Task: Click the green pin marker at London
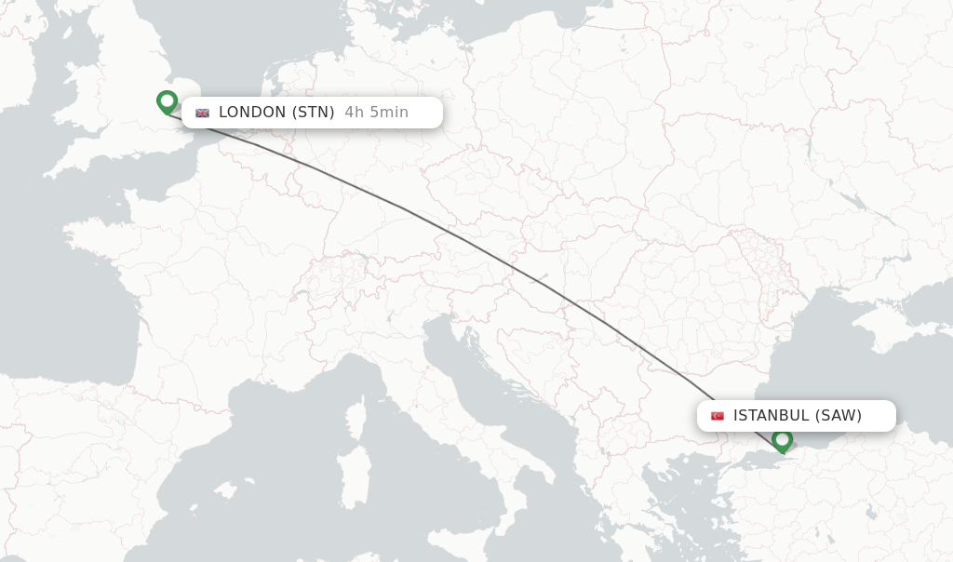pyautogui.click(x=167, y=100)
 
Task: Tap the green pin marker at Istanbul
pyautogui.click(x=782, y=439)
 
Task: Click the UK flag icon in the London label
pyautogui.click(x=202, y=113)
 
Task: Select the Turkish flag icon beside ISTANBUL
pyautogui.click(x=718, y=416)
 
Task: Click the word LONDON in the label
pyautogui.click(x=252, y=113)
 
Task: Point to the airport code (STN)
pyautogui.click(x=314, y=113)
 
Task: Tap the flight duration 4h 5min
pyautogui.click(x=376, y=113)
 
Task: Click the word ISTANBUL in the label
pyautogui.click(x=772, y=416)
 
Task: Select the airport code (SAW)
pyautogui.click(x=839, y=416)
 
